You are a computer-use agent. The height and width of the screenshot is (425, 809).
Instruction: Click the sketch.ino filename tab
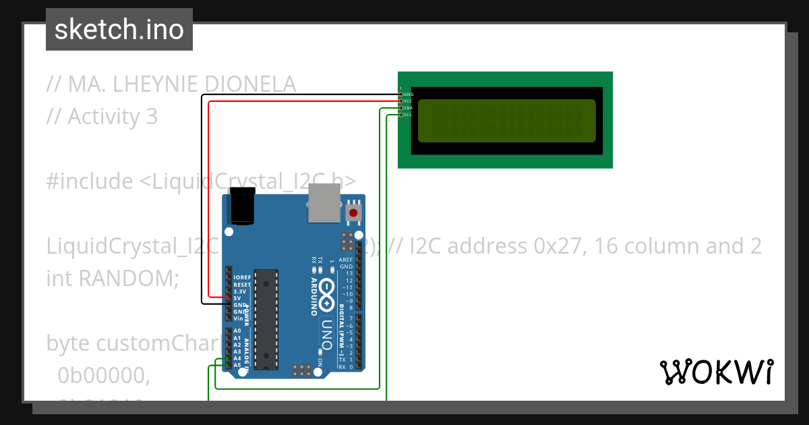119,30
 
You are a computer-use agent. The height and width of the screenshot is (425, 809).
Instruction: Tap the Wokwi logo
716,372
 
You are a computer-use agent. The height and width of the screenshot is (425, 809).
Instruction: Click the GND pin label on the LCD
408,94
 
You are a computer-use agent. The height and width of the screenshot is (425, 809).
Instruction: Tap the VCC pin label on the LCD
408,101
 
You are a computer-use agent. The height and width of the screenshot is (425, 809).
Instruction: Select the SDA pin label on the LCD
408,108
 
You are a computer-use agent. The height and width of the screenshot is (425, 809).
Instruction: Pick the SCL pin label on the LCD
408,115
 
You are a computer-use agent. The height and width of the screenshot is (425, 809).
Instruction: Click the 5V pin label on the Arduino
237,298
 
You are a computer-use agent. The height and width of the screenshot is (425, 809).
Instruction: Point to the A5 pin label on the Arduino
237,365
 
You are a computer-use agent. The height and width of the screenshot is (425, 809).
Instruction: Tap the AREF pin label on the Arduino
346,260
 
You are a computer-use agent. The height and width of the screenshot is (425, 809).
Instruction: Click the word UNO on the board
327,333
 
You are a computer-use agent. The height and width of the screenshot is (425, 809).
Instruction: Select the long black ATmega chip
268,319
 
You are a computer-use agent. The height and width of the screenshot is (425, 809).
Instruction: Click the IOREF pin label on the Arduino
241,277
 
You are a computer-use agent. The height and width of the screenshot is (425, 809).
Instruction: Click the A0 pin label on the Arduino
237,331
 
